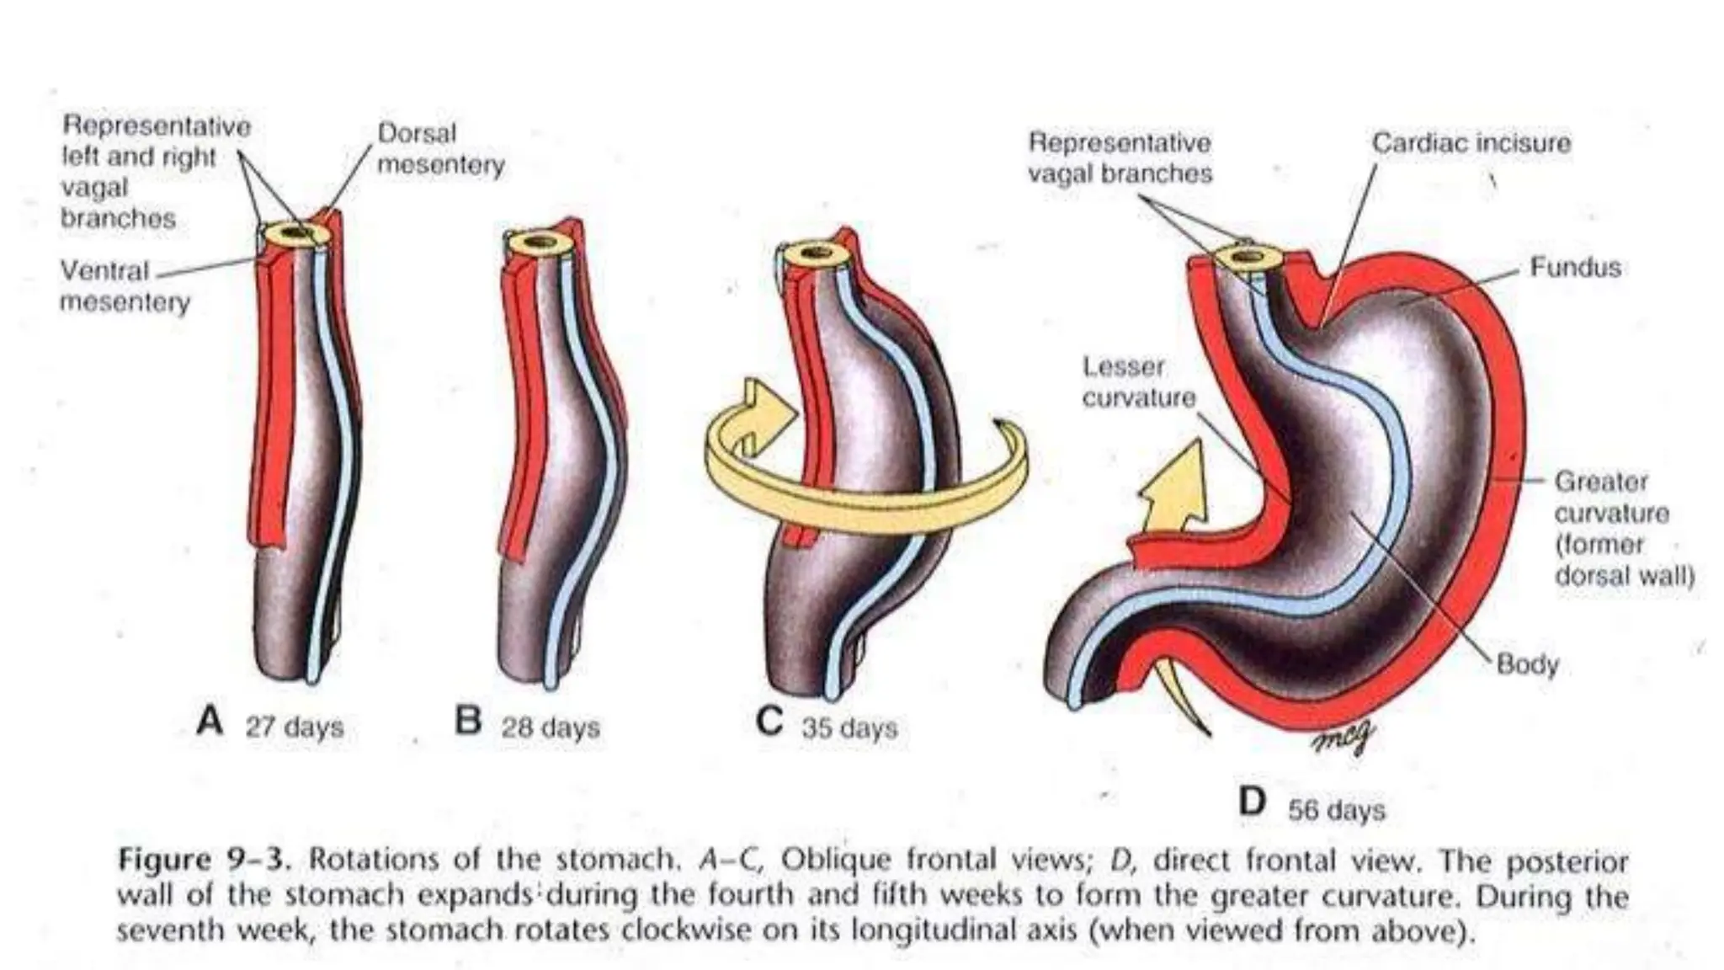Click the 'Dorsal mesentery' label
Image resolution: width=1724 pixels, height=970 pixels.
coord(440,149)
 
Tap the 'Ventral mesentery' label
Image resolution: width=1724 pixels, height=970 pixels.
coord(125,285)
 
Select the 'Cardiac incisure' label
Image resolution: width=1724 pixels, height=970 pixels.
coord(1471,143)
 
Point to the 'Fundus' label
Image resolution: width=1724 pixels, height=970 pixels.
coord(1575,268)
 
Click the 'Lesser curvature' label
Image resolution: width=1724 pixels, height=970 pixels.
coord(1137,382)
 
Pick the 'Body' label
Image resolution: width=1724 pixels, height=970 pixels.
coord(1527,664)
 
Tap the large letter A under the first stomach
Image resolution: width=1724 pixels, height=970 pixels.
coord(210,722)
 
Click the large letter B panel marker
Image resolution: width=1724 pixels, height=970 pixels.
coord(468,722)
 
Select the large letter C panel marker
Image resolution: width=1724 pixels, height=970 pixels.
coord(769,722)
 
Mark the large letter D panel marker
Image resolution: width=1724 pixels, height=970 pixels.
coord(1253,802)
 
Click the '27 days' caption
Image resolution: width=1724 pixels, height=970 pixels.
coord(295,727)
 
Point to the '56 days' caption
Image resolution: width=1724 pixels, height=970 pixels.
coord(1336,810)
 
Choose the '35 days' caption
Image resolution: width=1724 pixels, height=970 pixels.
coord(849,727)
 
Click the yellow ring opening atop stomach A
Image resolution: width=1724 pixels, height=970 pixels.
coord(295,232)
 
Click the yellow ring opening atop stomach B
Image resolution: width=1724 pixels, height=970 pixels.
coord(540,243)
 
